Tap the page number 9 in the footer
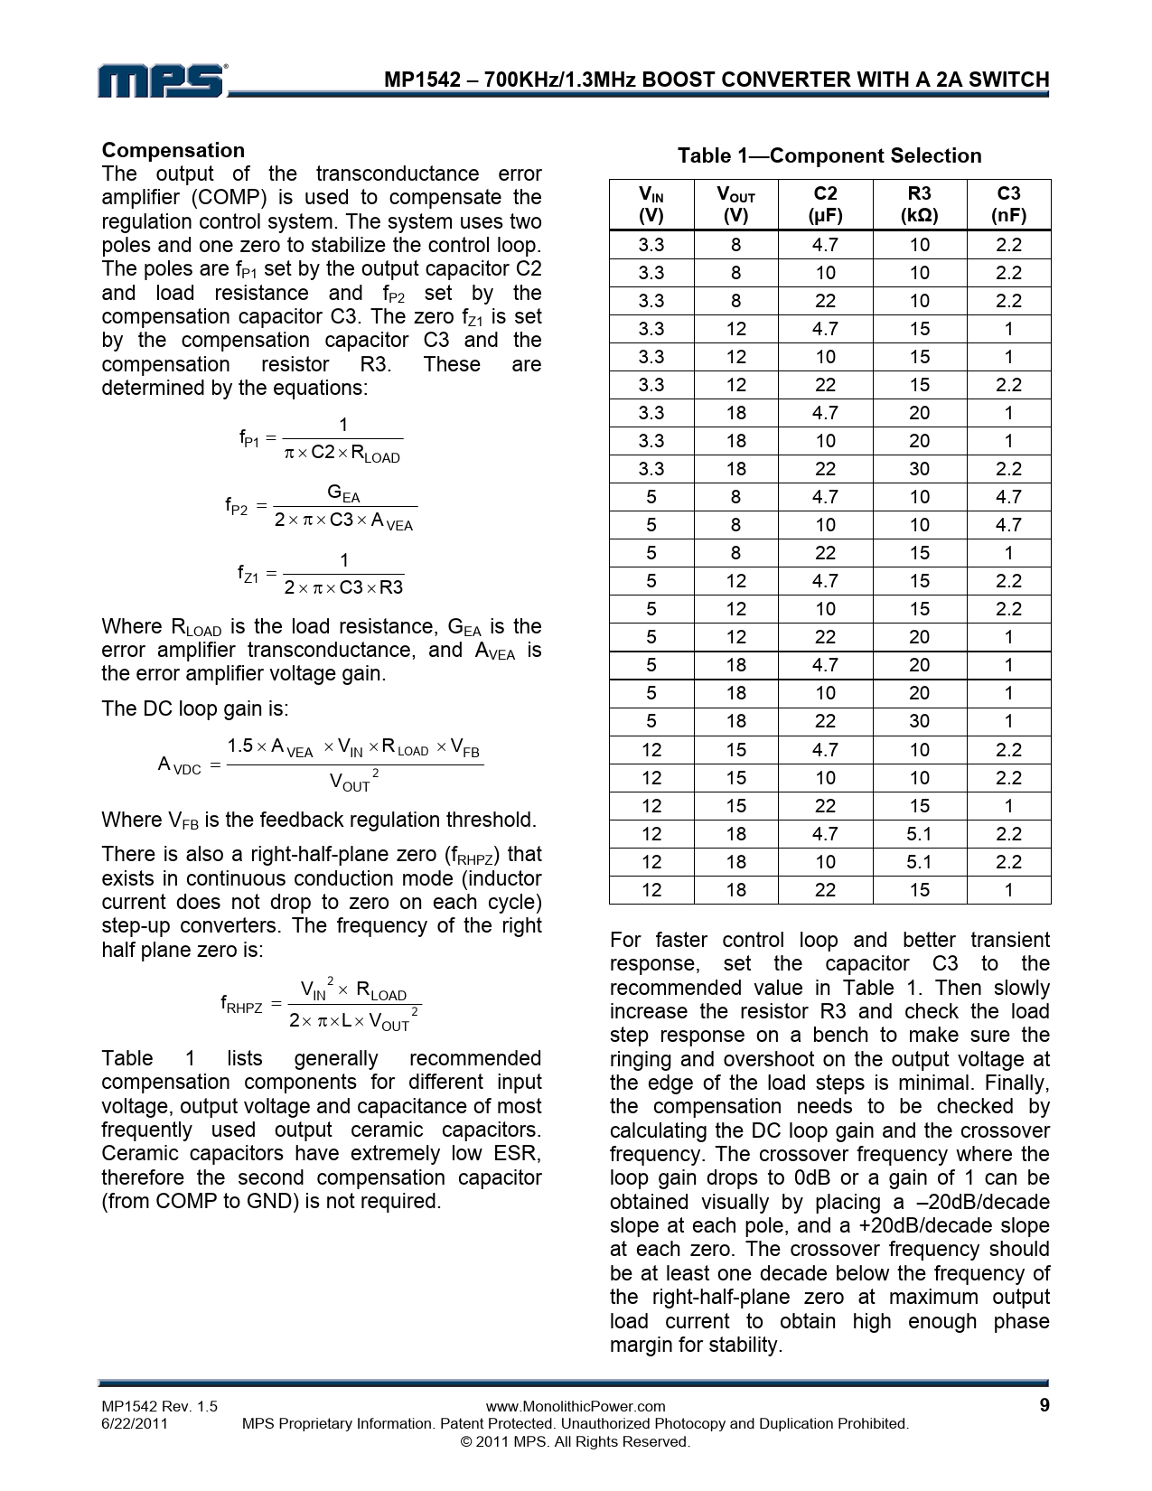click(x=1044, y=1405)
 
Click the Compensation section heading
click(x=173, y=150)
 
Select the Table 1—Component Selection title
click(x=829, y=155)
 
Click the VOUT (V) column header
click(x=735, y=204)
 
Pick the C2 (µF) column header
click(x=826, y=204)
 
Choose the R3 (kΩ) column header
click(x=919, y=204)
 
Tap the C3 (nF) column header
click(x=1008, y=204)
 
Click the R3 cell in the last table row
click(x=919, y=890)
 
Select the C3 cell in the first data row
click(x=1008, y=245)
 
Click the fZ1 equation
click(x=321, y=574)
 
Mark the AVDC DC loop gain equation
click(x=321, y=765)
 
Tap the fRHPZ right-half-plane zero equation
click(x=321, y=1005)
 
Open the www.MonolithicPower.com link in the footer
click(x=576, y=1406)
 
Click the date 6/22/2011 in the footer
click(x=134, y=1423)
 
